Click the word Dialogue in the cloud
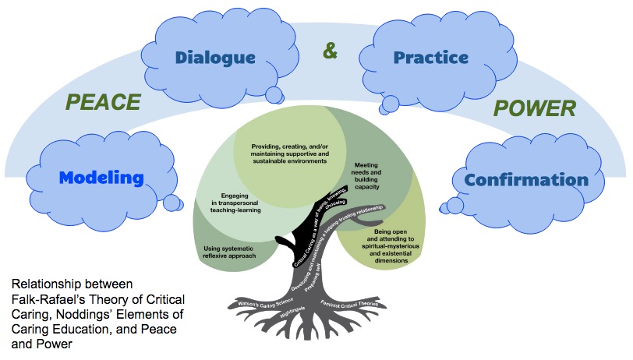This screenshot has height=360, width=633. (214, 57)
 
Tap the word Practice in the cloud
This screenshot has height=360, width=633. (430, 57)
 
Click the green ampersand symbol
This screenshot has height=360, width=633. (331, 53)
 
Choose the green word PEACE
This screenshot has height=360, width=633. (103, 102)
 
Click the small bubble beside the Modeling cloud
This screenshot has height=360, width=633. (171, 203)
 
